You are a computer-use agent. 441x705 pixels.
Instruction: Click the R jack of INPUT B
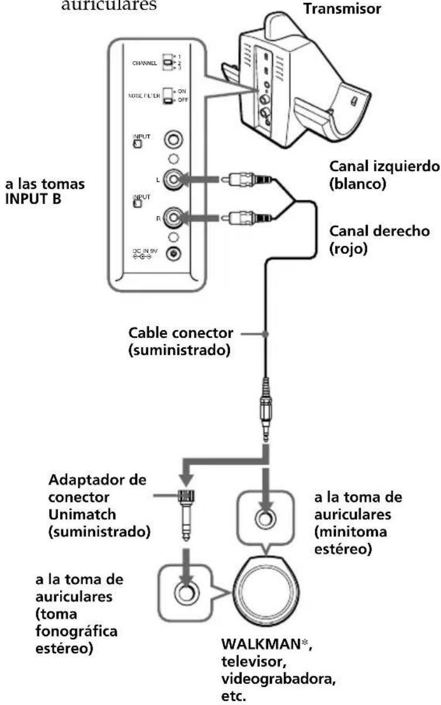coord(173,219)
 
